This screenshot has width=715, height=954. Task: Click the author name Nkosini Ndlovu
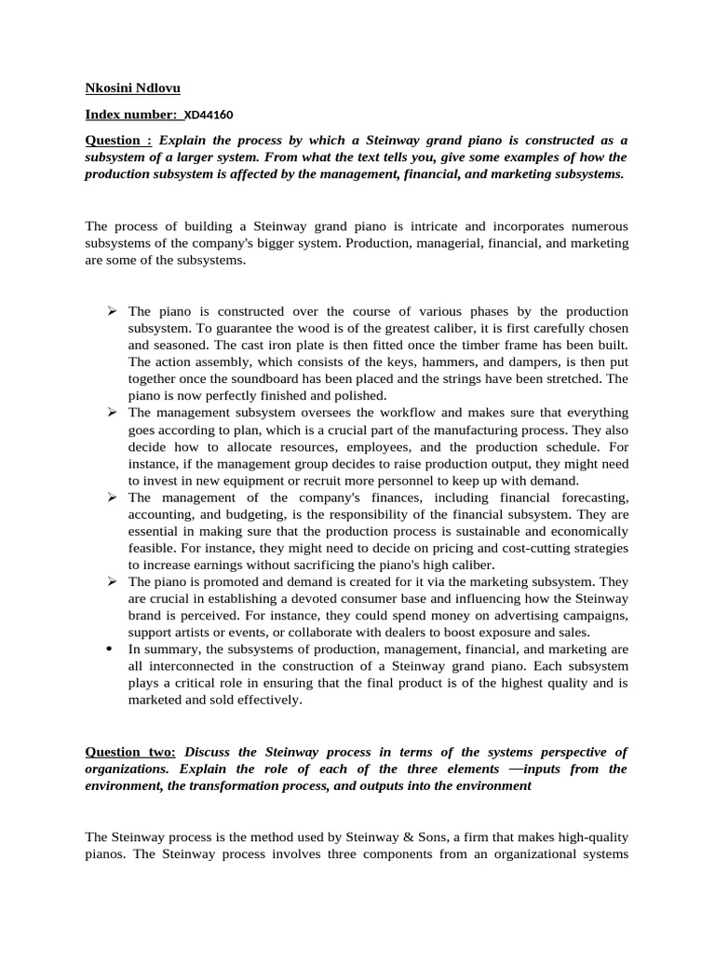[133, 88]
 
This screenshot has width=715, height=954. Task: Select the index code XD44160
[209, 115]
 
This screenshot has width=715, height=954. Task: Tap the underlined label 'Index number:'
[131, 115]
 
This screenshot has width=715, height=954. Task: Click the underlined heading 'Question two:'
[129, 752]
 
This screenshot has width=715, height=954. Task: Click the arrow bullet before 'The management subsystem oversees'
[111, 412]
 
